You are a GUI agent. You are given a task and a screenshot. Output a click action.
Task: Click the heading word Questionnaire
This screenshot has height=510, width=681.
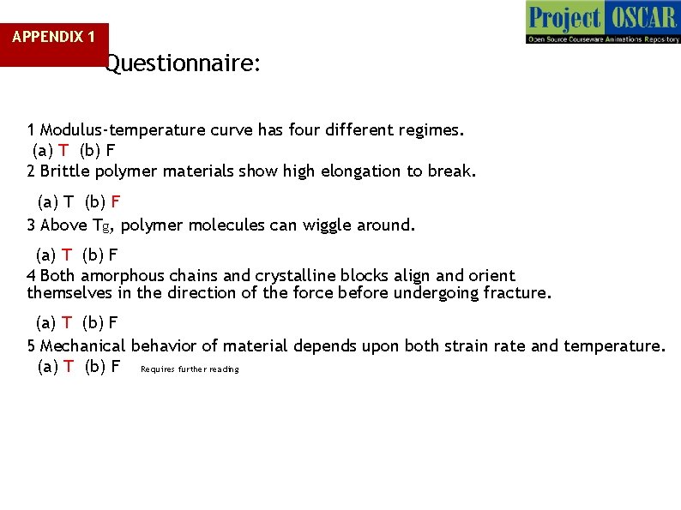click(x=183, y=64)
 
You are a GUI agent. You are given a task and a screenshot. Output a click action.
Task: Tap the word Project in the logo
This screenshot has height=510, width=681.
click(x=565, y=17)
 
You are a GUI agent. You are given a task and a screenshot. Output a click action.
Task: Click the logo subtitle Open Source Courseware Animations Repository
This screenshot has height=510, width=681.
click(x=602, y=39)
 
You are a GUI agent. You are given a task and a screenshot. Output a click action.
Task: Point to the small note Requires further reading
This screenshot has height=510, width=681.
click(x=190, y=369)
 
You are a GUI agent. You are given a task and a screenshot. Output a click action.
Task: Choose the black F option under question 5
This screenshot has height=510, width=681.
click(x=115, y=367)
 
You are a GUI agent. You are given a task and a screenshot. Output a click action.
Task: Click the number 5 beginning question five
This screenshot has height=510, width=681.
click(x=32, y=346)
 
